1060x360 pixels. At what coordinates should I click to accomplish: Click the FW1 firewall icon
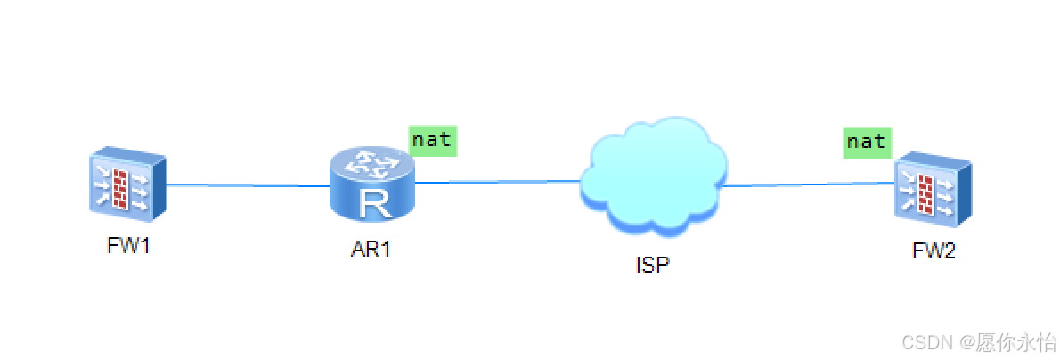126,186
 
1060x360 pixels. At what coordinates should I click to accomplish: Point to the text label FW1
128,246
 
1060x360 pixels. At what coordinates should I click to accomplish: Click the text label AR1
371,249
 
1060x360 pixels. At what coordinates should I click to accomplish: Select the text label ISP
652,265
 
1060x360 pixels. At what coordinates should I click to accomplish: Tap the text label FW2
934,251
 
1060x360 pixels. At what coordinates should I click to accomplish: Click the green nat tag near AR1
432,140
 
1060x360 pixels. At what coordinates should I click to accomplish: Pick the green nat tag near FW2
866,142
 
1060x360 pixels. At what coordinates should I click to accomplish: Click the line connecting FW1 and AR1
248,185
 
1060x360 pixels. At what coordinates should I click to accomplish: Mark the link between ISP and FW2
806,184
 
